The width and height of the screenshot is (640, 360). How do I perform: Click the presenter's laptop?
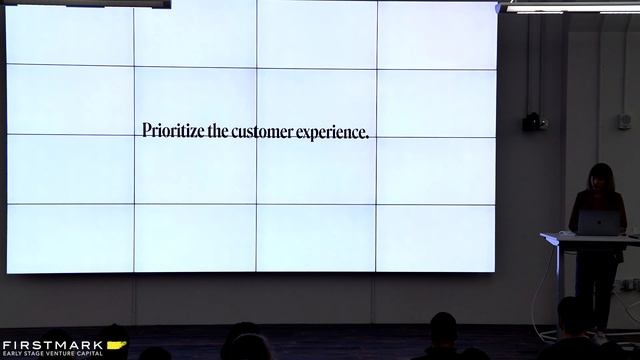click(599, 224)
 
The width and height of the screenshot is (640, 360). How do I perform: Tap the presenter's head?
click(600, 177)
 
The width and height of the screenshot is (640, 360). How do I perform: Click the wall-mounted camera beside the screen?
click(535, 122)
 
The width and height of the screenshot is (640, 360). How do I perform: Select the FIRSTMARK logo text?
click(52, 344)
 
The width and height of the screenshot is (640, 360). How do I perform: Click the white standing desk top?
click(590, 237)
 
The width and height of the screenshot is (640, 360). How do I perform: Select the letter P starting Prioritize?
click(147, 131)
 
